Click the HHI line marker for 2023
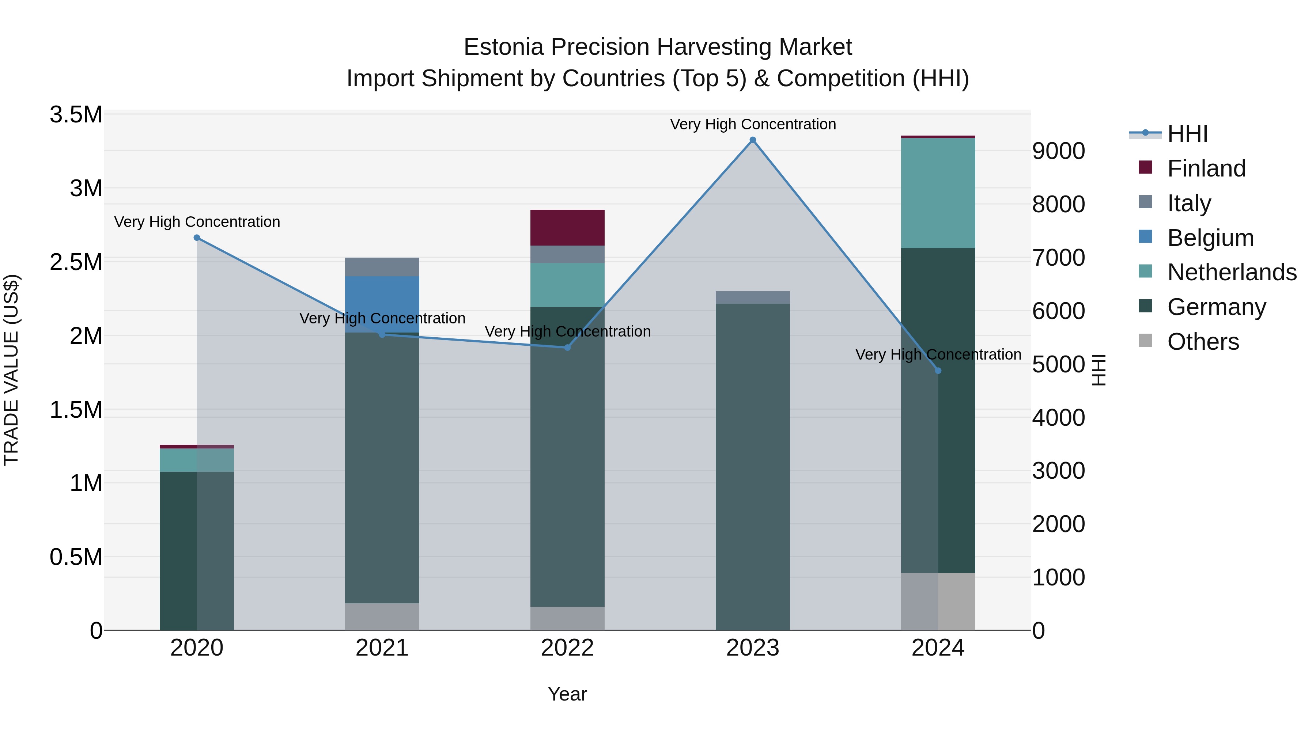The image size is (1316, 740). coord(753,140)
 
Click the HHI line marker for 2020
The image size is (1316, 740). coord(197,238)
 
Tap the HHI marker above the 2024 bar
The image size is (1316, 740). coord(938,371)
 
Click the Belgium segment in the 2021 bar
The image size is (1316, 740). coord(382,304)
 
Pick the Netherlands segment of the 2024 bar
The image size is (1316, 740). coord(938,193)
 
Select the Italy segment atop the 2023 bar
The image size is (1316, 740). coord(753,297)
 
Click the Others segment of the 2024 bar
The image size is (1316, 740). coord(938,601)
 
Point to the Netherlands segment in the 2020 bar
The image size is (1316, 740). coord(197,460)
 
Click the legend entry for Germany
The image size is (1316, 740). coord(1216,307)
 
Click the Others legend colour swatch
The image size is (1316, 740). coord(1145,341)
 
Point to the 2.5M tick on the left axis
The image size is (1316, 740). coord(76,262)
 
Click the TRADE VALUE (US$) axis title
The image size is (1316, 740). coord(11,370)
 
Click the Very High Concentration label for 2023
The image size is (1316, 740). coord(753,124)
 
